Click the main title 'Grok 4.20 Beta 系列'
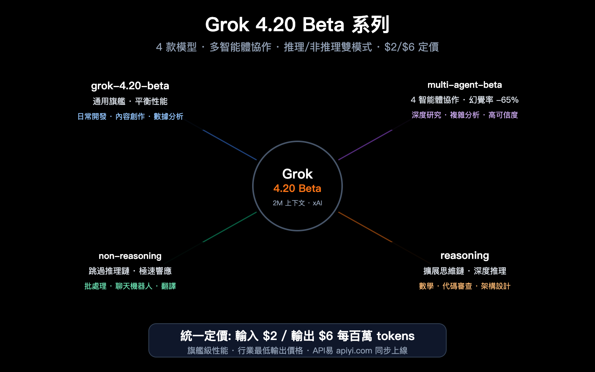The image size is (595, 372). tap(297, 25)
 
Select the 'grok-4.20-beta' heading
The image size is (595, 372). tap(130, 86)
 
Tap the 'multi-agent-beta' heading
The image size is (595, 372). tap(464, 85)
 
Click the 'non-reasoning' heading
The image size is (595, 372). tap(130, 256)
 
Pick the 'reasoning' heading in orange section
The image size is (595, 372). tap(464, 256)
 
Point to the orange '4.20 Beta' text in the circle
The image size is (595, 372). tap(297, 189)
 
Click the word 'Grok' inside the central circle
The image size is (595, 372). tap(297, 174)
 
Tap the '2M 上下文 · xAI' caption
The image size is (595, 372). tap(297, 203)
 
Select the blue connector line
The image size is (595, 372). tap(229, 145)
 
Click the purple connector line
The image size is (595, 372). tap(365, 145)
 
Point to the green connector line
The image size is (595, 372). tap(229, 227)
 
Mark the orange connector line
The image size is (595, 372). tap(365, 227)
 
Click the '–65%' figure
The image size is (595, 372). tap(507, 100)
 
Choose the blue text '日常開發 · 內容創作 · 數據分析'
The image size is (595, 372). tap(130, 116)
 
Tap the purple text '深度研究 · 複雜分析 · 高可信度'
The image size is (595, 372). tap(464, 115)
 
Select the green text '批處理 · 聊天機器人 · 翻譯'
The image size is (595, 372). tap(130, 286)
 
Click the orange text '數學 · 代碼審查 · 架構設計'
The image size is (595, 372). tap(464, 286)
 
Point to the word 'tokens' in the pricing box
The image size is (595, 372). tap(395, 336)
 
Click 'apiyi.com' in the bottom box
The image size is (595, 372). tap(354, 351)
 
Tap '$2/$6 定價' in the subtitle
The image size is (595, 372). tap(411, 47)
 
